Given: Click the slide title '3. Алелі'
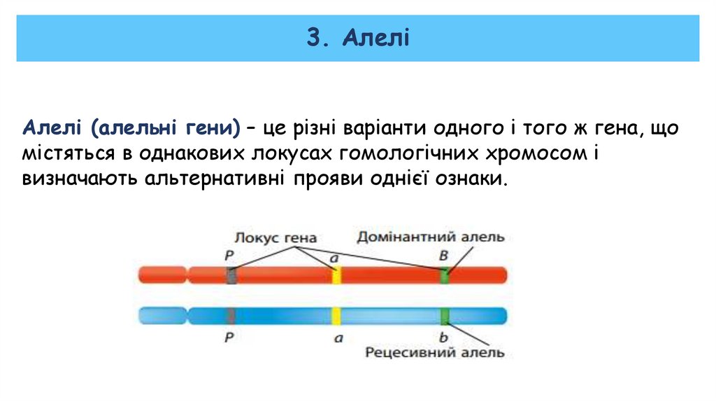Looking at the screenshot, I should coord(357,37).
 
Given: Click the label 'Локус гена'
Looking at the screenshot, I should coord(275,237).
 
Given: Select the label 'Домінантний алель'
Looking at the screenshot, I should coord(430,237).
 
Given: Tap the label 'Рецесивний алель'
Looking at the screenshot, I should coord(434,352).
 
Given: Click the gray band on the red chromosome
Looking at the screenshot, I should coord(231,275).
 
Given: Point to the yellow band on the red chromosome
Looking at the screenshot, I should coord(336,275).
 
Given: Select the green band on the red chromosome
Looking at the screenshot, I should coord(444,275).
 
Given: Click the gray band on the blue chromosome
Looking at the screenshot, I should coord(231,316).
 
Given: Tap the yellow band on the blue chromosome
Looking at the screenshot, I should coord(336,316).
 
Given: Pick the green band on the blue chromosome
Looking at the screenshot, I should coord(444,316).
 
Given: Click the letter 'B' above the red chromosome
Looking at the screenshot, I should coord(443,256).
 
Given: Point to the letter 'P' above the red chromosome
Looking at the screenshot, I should coord(229,256).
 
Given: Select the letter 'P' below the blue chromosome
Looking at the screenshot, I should coord(229,337).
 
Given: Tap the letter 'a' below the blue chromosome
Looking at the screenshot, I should coord(338,338).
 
